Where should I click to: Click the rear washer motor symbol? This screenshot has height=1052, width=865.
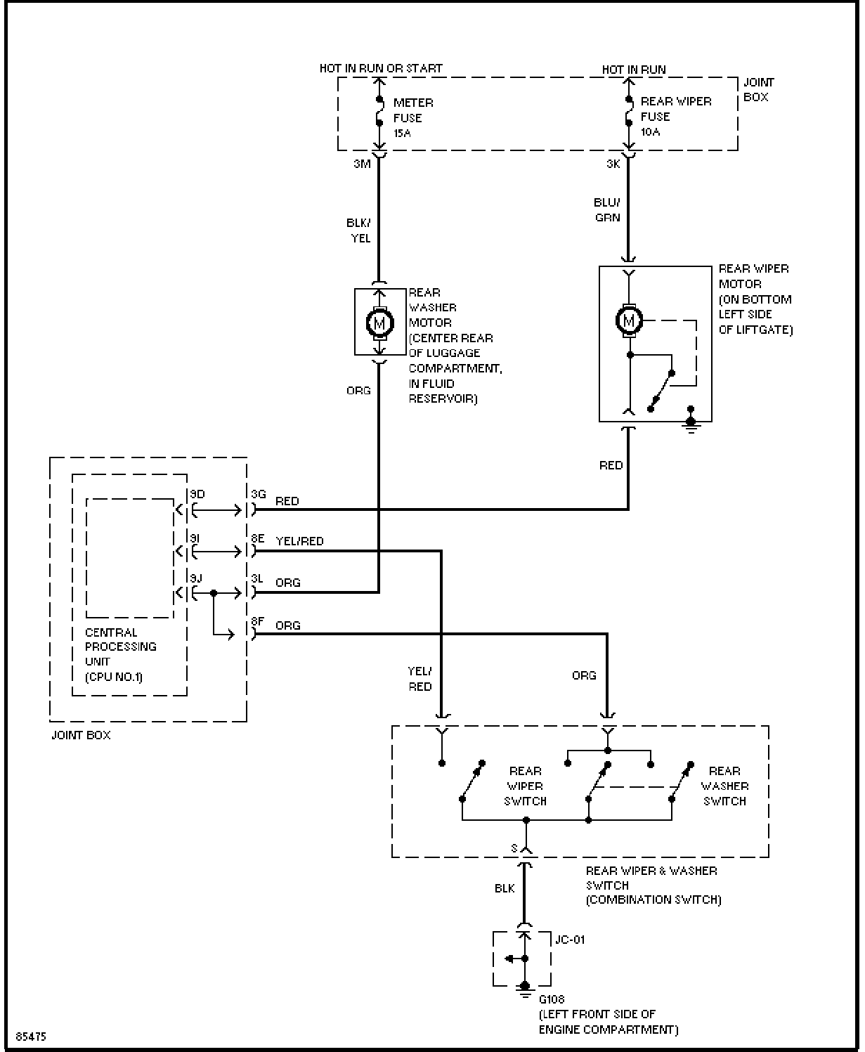(379, 323)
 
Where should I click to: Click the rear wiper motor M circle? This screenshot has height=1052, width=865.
(628, 320)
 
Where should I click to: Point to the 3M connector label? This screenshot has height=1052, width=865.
(362, 164)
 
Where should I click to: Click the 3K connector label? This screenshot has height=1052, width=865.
(613, 164)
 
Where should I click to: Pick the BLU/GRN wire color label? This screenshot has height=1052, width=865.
(607, 210)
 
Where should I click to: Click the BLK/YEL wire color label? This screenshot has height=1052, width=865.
(358, 230)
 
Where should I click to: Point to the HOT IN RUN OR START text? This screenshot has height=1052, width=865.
(381, 68)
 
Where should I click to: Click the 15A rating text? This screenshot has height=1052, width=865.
(402, 134)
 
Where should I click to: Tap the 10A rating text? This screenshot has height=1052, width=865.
(650, 131)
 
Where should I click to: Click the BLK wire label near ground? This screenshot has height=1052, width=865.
(505, 888)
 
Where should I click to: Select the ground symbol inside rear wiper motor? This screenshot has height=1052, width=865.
(691, 420)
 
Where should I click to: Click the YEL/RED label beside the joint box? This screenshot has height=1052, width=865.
(299, 541)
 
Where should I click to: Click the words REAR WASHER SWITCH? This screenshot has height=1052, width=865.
(724, 786)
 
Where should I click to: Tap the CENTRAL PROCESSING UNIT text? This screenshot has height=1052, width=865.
(120, 647)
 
